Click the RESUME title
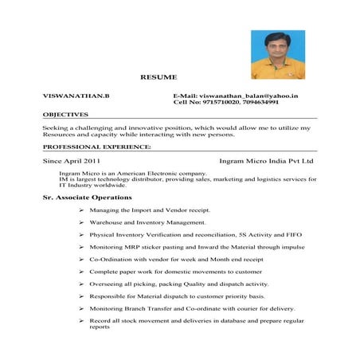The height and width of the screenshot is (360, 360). [159, 77]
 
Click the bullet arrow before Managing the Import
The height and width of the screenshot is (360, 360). [81, 210]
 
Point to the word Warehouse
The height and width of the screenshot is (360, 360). [106, 222]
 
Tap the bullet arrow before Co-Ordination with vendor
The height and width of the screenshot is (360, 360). [81, 260]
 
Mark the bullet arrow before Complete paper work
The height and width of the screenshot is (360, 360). [81, 272]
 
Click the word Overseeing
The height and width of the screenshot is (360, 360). [106, 284]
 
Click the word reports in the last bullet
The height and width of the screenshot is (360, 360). [100, 327]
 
